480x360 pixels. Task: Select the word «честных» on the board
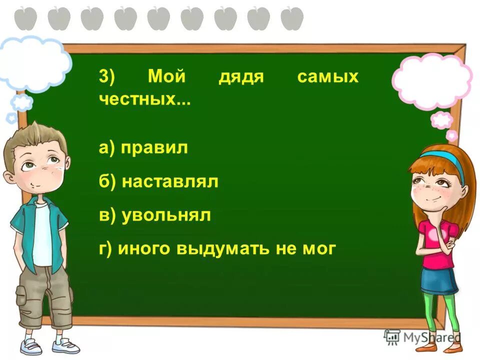click(137, 99)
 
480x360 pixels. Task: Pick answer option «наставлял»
click(169, 181)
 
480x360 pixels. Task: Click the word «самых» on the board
click(328, 77)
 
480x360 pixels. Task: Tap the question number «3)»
click(106, 77)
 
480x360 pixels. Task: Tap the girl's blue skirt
click(438, 281)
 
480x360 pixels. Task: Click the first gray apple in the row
click(26, 18)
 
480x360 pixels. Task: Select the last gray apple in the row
click(292, 18)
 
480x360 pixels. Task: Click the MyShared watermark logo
click(423, 337)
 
